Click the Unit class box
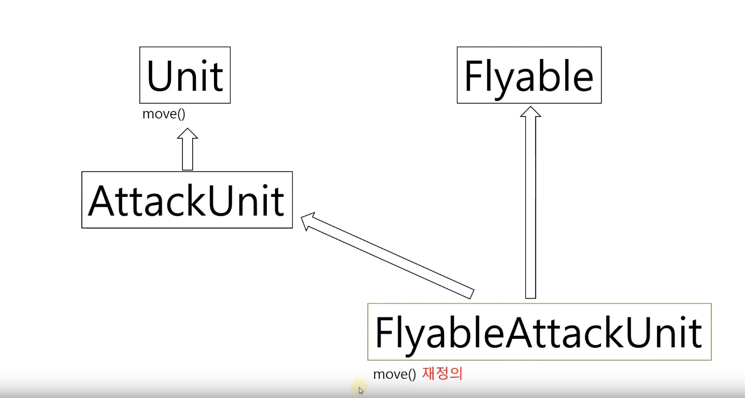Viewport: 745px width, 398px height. click(x=185, y=75)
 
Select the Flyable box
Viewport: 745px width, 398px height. click(x=529, y=75)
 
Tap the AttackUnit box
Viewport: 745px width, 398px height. click(x=187, y=200)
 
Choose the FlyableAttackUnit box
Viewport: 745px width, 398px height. click(x=539, y=332)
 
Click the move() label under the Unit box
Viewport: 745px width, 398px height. click(x=164, y=114)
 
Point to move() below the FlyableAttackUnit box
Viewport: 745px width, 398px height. click(x=394, y=374)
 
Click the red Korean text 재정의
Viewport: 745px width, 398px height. click(x=442, y=374)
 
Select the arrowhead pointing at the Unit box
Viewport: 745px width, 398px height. click(x=188, y=134)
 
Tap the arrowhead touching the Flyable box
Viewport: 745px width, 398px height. click(x=530, y=112)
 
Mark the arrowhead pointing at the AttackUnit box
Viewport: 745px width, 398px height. click(x=307, y=220)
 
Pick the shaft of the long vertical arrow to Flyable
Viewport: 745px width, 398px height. click(x=530, y=207)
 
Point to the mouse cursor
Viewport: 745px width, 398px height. click(x=361, y=390)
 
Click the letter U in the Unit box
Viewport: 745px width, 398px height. click(x=160, y=76)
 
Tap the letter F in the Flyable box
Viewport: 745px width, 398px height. click(x=474, y=76)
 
